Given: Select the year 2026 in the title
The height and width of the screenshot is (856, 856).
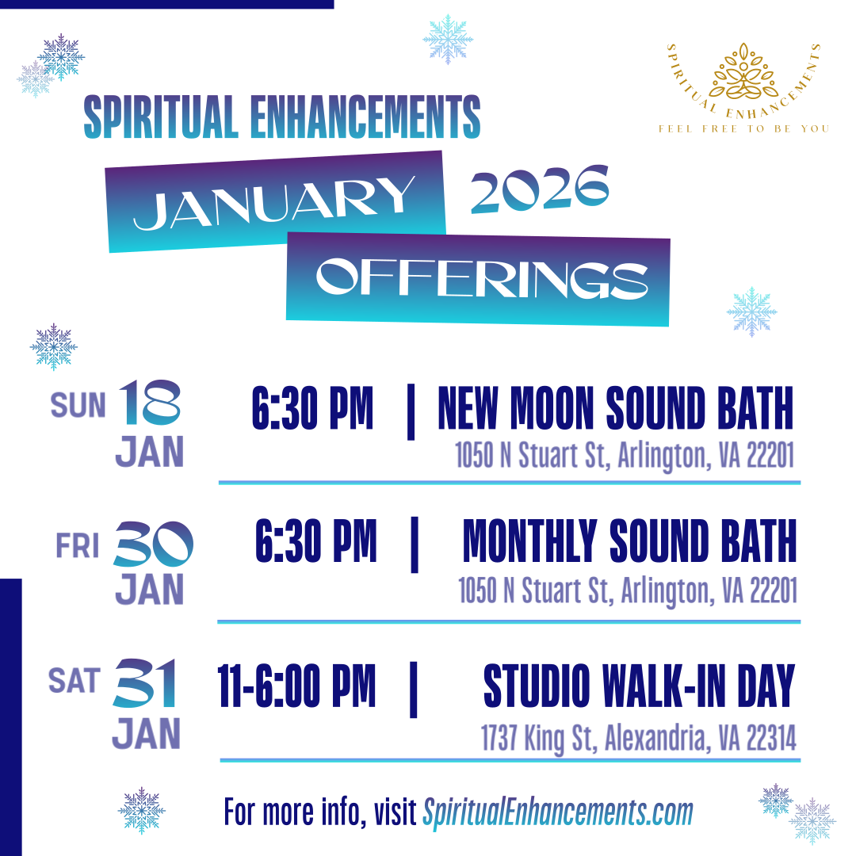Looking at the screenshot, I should pos(540,190).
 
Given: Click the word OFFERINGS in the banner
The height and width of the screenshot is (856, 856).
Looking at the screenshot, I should pos(482,278).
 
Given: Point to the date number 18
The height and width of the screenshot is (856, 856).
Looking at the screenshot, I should pos(150,402).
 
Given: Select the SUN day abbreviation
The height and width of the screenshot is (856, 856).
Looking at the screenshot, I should pos(78,405).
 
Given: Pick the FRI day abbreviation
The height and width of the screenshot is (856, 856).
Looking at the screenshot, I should pos(78,546).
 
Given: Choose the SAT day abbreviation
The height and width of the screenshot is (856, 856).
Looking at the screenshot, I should pos(75,681).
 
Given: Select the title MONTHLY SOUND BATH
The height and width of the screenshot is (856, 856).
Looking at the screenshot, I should pos(629,542).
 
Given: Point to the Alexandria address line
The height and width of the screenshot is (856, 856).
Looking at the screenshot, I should pos(638,738).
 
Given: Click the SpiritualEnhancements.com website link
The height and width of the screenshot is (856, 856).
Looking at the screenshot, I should pos(558,812).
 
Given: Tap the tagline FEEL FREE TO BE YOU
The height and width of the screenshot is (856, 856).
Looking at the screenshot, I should pos(743,128).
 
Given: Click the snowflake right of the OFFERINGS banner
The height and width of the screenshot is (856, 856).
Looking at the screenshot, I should pos(751,311).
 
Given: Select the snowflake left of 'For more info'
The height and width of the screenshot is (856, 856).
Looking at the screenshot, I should pos(142,810).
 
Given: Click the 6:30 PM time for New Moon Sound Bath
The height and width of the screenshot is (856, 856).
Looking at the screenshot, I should pos(312,409).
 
